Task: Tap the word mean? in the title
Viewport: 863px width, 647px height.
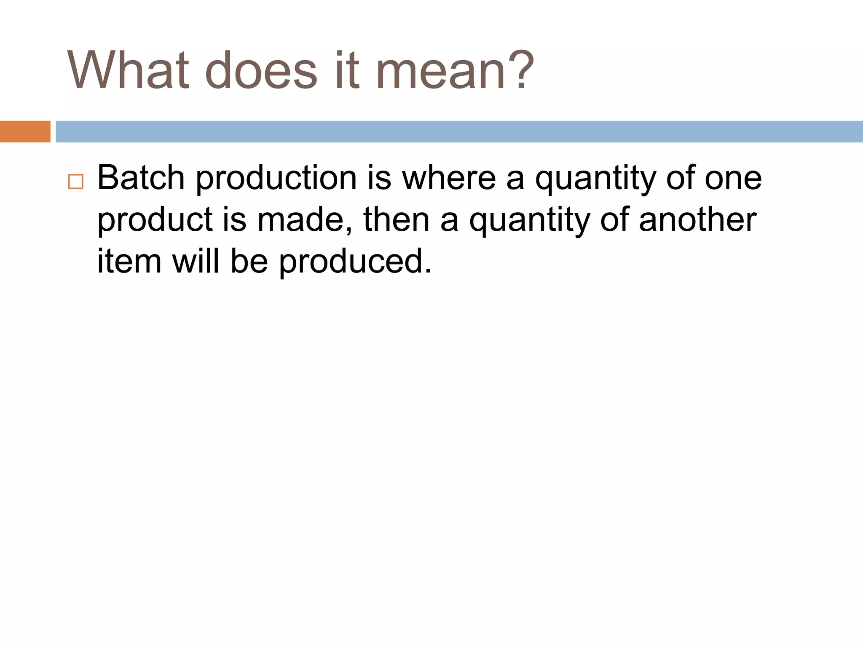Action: point(455,70)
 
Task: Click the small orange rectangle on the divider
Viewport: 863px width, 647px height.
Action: point(25,131)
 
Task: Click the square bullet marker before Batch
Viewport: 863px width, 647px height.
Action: point(76,182)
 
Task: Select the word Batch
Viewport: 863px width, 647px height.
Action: point(141,178)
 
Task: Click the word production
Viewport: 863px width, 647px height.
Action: point(276,178)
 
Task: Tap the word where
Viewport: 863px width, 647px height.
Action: point(449,178)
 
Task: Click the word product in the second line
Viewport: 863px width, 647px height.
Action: point(155,220)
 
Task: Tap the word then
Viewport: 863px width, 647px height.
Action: point(396,220)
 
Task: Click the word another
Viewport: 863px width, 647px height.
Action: point(697,220)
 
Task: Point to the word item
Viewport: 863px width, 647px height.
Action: point(129,261)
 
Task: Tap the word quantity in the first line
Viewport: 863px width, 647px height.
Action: point(595,178)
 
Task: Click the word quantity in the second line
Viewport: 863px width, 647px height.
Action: point(529,220)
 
